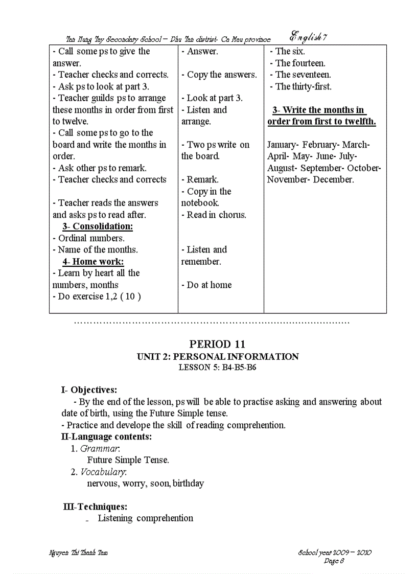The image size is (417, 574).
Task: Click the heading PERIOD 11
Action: (x=217, y=344)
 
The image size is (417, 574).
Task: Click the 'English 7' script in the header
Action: (x=308, y=37)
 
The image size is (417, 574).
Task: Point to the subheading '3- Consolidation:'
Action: (x=97, y=226)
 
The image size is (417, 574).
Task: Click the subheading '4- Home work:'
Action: (x=93, y=262)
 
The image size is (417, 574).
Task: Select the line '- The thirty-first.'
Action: (x=300, y=86)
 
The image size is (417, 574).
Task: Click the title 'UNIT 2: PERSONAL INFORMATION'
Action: (x=218, y=357)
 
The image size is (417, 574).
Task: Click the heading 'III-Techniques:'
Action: (x=95, y=507)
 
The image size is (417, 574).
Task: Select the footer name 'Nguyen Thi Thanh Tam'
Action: (x=78, y=553)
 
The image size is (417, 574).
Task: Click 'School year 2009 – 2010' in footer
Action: (x=335, y=553)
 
